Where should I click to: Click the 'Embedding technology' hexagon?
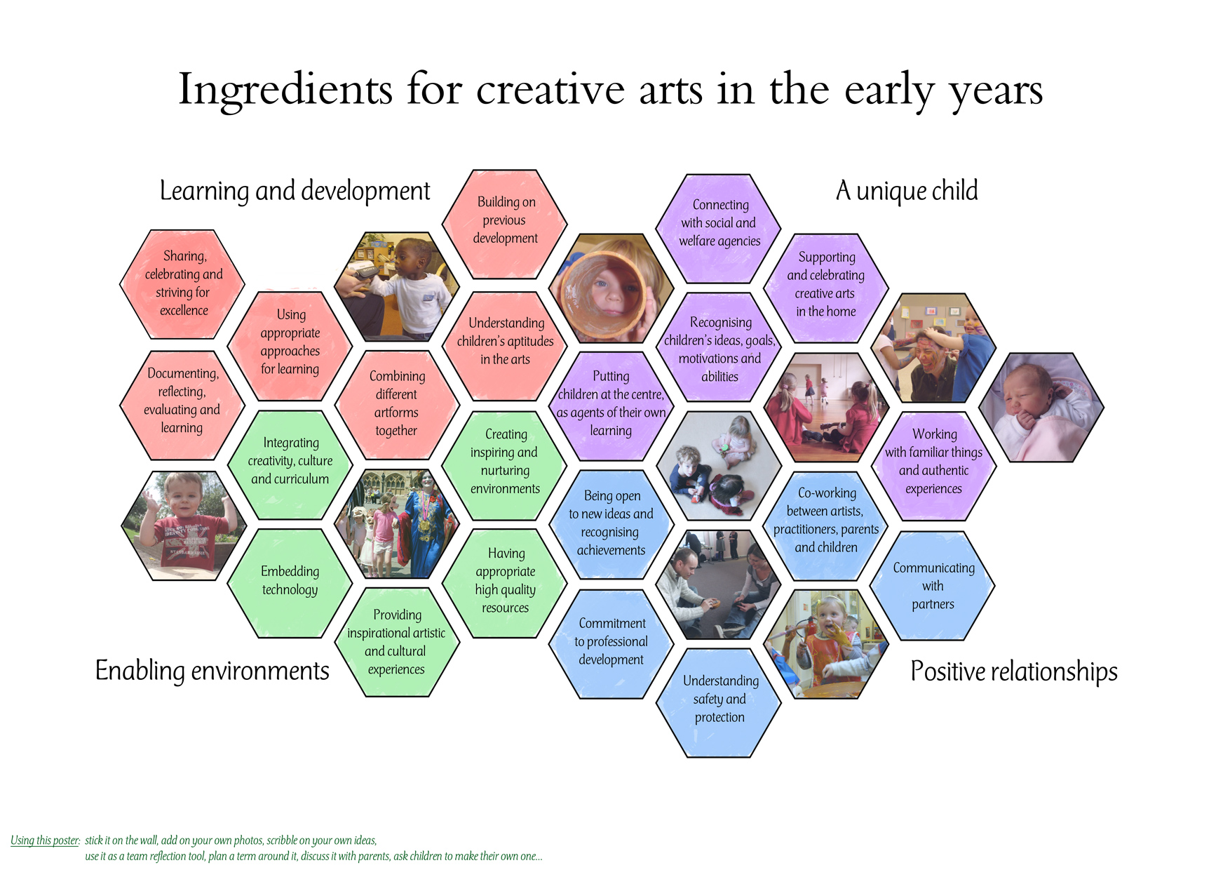click(x=290, y=583)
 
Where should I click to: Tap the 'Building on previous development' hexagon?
click(x=505, y=224)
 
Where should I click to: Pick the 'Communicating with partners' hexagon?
click(x=933, y=586)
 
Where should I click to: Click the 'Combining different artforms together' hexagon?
click(x=397, y=405)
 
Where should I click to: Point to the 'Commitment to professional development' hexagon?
click(x=611, y=644)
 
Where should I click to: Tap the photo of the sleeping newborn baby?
click(x=1041, y=407)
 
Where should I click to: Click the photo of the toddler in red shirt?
click(x=184, y=526)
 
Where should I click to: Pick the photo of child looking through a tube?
click(x=611, y=288)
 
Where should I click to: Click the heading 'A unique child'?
click(x=907, y=191)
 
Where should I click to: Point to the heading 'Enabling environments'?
click(x=212, y=671)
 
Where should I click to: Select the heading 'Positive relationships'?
click(x=1014, y=671)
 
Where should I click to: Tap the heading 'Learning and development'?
click(x=295, y=191)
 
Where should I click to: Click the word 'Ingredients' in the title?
click(x=285, y=91)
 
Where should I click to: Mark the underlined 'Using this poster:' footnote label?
click(x=45, y=841)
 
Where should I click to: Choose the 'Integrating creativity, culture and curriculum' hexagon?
click(x=290, y=465)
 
